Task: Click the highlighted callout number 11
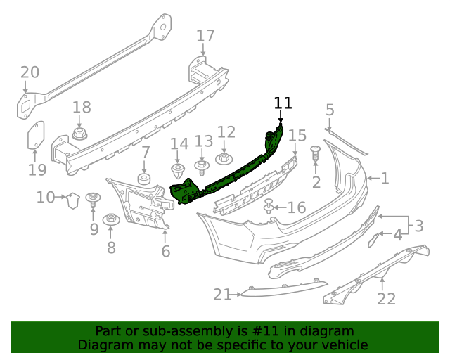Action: click(x=283, y=103)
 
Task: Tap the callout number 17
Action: click(x=205, y=36)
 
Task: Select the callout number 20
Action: click(x=30, y=72)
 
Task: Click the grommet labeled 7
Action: click(x=145, y=179)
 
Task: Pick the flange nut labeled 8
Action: click(x=110, y=220)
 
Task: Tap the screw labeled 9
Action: click(x=92, y=198)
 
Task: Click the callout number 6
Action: click(x=166, y=251)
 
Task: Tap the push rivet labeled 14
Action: click(x=178, y=171)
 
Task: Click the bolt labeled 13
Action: click(x=202, y=167)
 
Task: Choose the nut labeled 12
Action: click(x=225, y=158)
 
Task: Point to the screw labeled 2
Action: click(x=315, y=153)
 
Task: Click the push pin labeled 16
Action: click(x=269, y=207)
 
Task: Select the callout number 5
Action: click(x=330, y=110)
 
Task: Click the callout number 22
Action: click(x=386, y=300)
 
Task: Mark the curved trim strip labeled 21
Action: click(x=281, y=289)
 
